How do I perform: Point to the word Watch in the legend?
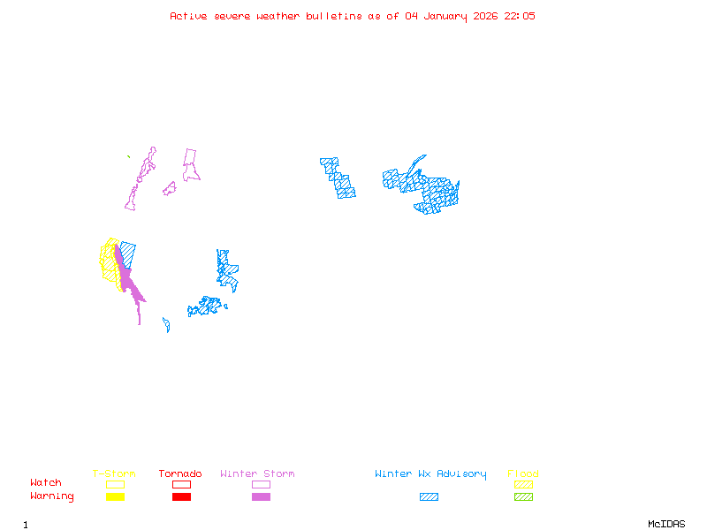pyautogui.click(x=46, y=483)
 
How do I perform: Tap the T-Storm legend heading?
pyautogui.click(x=114, y=473)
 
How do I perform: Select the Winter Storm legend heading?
pyautogui.click(x=257, y=473)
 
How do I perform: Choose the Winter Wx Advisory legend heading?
pyautogui.click(x=430, y=473)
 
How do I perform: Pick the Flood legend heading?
pyautogui.click(x=523, y=473)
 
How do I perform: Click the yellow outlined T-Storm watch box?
pyautogui.click(x=115, y=484)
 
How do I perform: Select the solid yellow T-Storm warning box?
pyautogui.click(x=115, y=496)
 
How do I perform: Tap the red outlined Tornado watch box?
pyautogui.click(x=181, y=484)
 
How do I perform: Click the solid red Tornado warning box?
pyautogui.click(x=181, y=496)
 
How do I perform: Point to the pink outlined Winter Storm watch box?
pyautogui.click(x=261, y=484)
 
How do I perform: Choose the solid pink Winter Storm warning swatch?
pyautogui.click(x=261, y=496)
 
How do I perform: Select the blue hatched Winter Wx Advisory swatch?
pyautogui.click(x=429, y=496)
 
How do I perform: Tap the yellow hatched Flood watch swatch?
pyautogui.click(x=523, y=484)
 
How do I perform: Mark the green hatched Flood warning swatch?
pyautogui.click(x=523, y=496)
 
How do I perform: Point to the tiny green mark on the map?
pyautogui.click(x=129, y=157)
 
